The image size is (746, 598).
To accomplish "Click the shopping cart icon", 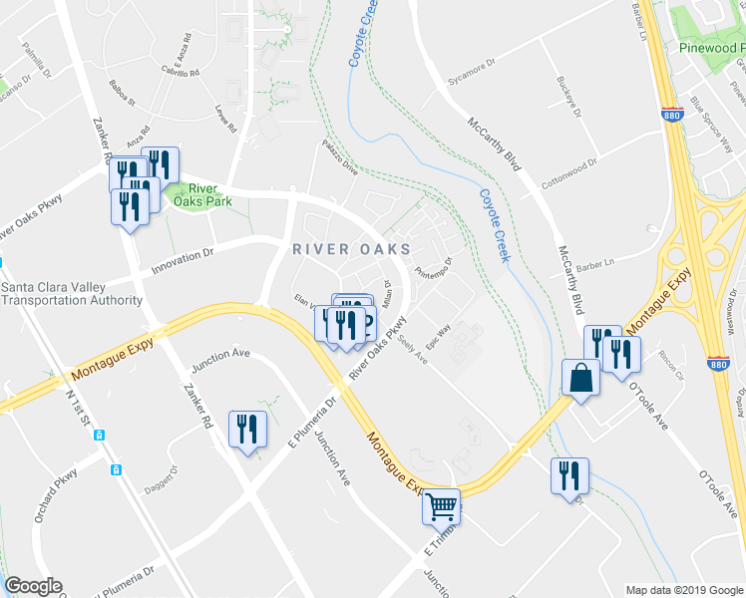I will point(442,506).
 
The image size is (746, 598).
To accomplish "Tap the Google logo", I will point(33,586).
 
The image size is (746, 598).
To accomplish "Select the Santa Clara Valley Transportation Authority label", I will point(72,293).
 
